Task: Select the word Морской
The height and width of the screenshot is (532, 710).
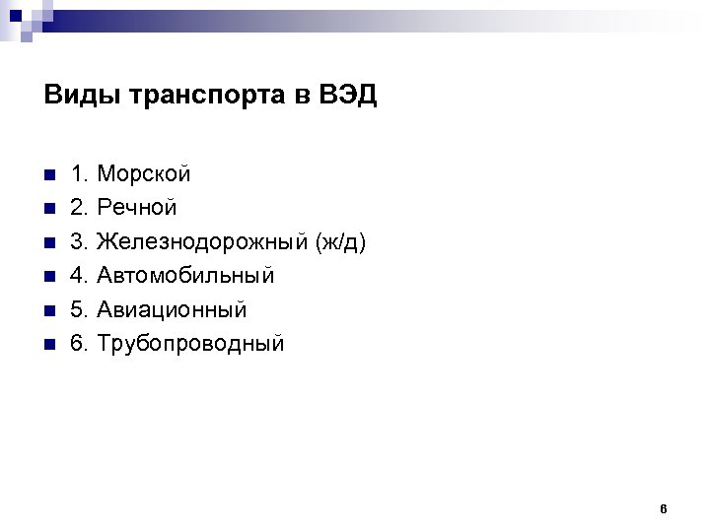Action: coord(144,174)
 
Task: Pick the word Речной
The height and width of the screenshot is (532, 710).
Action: coord(137,208)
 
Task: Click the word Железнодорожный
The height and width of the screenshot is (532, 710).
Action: coord(202,242)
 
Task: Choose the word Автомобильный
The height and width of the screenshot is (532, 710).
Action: coord(185,276)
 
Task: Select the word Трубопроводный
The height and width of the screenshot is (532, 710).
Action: coord(190,343)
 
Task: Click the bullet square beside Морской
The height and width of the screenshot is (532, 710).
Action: coord(49,175)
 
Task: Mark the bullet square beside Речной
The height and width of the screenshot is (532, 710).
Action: coord(49,209)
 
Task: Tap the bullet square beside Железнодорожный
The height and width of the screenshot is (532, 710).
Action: coord(49,242)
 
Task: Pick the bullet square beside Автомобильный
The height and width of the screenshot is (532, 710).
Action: coord(49,277)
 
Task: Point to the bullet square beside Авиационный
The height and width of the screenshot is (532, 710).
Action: coord(49,310)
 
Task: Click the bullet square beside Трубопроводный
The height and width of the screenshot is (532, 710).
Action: coord(49,344)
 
